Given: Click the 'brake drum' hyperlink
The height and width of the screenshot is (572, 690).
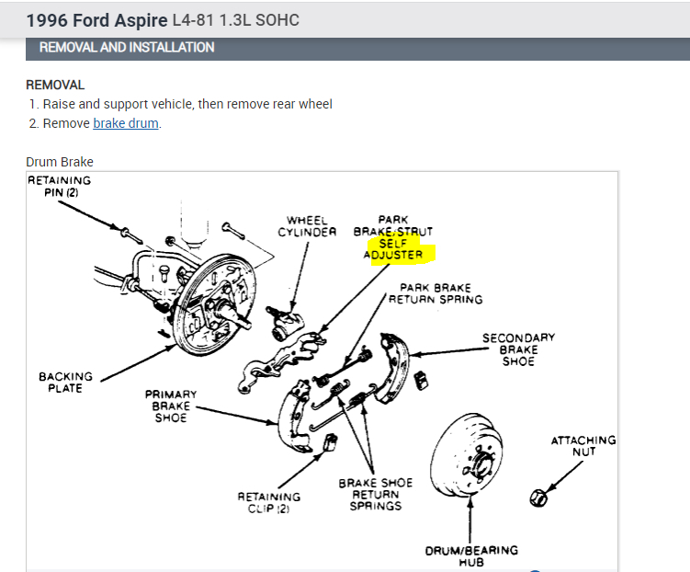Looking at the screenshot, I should click(126, 123).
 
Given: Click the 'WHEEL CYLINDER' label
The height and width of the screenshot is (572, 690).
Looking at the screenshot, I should click(307, 226).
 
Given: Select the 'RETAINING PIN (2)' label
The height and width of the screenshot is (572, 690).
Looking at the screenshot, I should click(59, 186).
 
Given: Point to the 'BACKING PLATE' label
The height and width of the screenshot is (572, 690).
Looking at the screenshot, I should click(65, 383).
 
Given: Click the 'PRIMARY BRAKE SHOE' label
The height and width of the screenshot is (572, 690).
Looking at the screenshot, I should click(170, 406).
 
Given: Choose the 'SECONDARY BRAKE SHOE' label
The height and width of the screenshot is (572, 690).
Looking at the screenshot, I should click(518, 349).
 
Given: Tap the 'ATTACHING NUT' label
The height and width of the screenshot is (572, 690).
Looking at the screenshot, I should click(583, 446).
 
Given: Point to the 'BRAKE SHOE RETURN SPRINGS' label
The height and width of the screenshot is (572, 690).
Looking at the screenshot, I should click(375, 494).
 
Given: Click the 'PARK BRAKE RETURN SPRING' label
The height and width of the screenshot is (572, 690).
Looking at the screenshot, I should click(435, 293).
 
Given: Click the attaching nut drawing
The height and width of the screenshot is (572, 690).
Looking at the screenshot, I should click(539, 498).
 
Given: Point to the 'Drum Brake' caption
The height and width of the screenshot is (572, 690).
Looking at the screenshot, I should click(60, 162).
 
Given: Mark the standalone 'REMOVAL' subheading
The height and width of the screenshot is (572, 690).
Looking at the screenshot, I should click(55, 85).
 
